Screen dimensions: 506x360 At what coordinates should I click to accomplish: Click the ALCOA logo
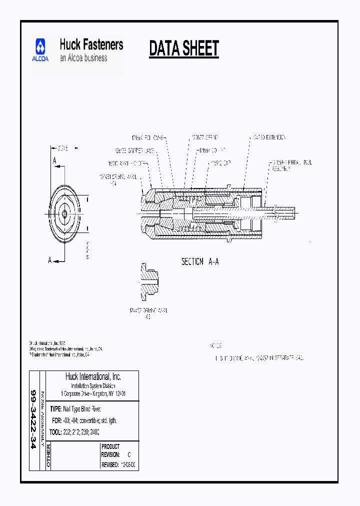pos(40,50)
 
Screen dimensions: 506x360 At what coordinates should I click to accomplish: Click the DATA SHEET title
pos(184,48)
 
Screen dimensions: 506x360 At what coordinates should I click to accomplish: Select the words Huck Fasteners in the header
pos(91,44)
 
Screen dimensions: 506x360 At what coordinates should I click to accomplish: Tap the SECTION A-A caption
pos(200,261)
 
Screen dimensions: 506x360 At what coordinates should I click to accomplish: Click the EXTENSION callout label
pos(268,137)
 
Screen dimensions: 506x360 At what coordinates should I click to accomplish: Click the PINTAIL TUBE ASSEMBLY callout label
pos(290,165)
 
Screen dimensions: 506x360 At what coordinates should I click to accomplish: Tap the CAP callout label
pos(220,162)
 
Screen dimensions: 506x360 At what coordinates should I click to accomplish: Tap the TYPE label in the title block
pos(55,409)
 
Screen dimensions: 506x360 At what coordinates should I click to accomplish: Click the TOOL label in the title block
pos(55,430)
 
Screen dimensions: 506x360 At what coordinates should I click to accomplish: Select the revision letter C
pos(129,455)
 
